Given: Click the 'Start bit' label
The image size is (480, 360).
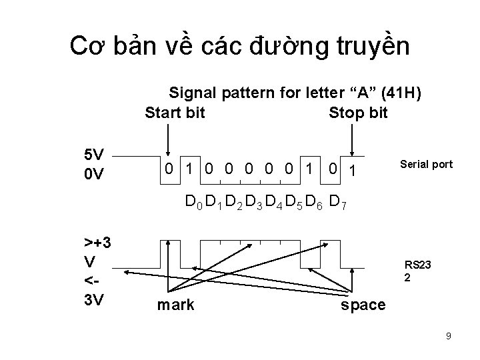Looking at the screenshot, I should click(175, 113).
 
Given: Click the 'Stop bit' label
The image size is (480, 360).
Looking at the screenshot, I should click(358, 113).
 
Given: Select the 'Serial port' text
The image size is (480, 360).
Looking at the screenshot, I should click(426, 164).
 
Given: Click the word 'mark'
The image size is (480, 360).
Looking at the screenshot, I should click(175, 305).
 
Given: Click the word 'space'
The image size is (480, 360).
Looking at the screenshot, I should click(363, 305).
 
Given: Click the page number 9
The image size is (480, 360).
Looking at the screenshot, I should click(449, 336).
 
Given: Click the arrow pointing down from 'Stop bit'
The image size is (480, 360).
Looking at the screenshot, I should click(353, 140).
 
